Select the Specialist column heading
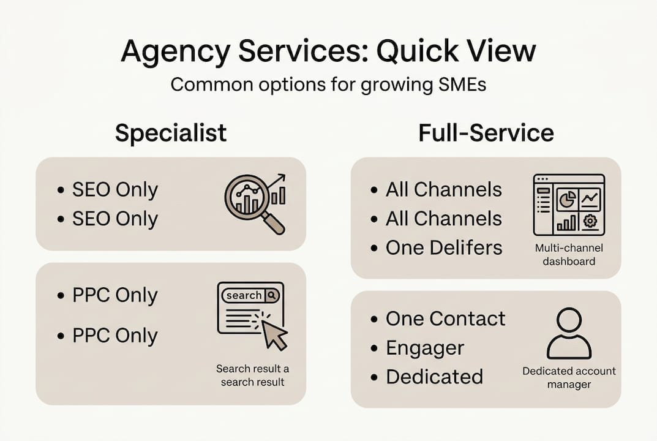pyautogui.click(x=171, y=133)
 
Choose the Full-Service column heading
pyautogui.click(x=486, y=133)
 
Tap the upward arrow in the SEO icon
pyautogui.click(x=278, y=182)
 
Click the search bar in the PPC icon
pyautogui.click(x=250, y=295)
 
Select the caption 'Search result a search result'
pyautogui.click(x=252, y=375)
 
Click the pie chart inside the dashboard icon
pyautogui.click(x=566, y=199)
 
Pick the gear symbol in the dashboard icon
pyautogui.click(x=590, y=221)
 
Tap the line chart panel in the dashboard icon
pyautogui.click(x=590, y=199)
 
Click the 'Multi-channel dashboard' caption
pyautogui.click(x=569, y=254)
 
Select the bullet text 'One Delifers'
pyautogui.click(x=444, y=247)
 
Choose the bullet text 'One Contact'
pyautogui.click(x=446, y=318)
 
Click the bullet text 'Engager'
pyautogui.click(x=425, y=348)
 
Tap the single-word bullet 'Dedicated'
pyautogui.click(x=434, y=376)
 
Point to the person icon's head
pyautogui.click(x=569, y=320)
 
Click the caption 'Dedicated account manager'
pyautogui.click(x=569, y=377)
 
